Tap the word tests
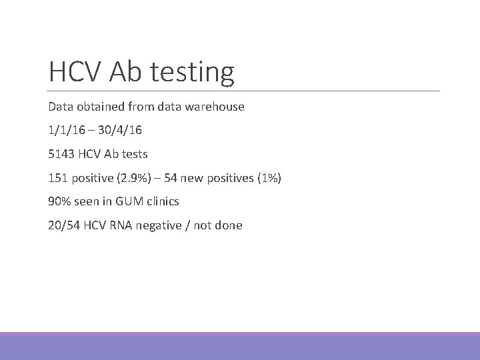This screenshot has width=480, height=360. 134,154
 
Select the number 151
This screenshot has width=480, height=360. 58,178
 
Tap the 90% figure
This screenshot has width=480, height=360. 60,201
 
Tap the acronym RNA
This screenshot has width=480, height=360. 120,225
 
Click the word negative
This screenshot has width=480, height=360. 157,225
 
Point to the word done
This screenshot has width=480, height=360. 229,225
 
